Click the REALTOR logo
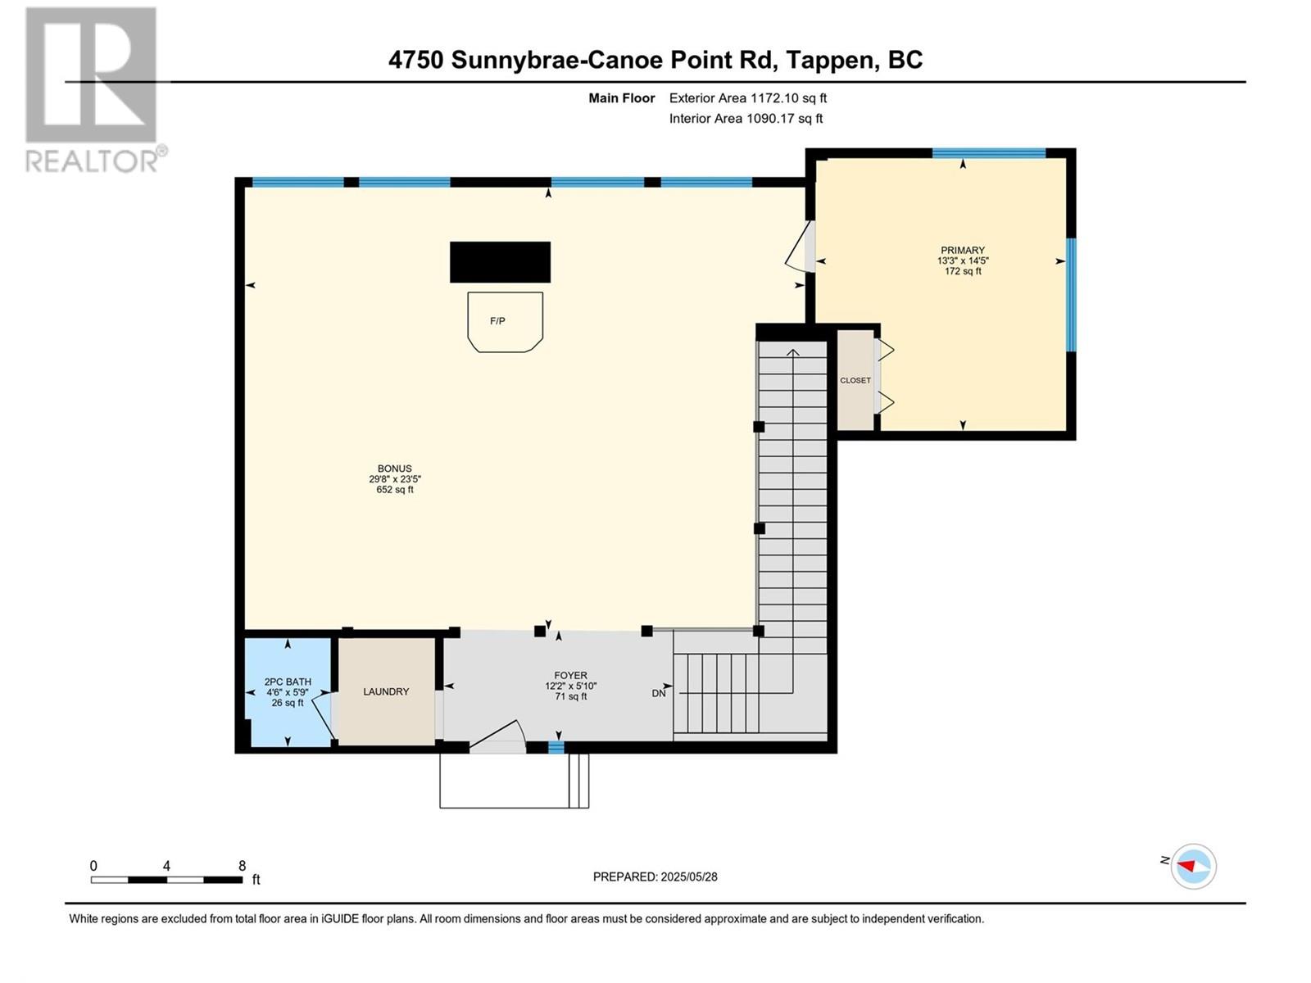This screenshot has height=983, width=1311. [x=96, y=90]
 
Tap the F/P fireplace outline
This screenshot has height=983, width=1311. [x=505, y=322]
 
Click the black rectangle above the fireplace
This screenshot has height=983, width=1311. [x=500, y=262]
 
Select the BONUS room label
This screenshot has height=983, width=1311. [x=395, y=469]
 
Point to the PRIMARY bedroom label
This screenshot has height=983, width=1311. [x=962, y=250]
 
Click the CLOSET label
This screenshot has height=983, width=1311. [x=855, y=380]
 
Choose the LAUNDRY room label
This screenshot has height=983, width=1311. [x=386, y=691]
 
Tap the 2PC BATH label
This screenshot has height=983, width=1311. [x=288, y=682]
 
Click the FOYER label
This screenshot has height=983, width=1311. [x=570, y=676]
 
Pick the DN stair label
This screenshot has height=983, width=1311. [x=658, y=694]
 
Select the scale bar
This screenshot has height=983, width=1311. [x=166, y=880]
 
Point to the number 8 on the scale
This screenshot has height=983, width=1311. [x=242, y=865]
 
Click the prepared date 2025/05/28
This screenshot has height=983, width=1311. [x=688, y=877]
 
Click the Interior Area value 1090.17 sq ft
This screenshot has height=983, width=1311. [x=784, y=118]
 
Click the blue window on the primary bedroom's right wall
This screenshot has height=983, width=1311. [x=1072, y=295]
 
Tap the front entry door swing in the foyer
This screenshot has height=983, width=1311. [x=497, y=737]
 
